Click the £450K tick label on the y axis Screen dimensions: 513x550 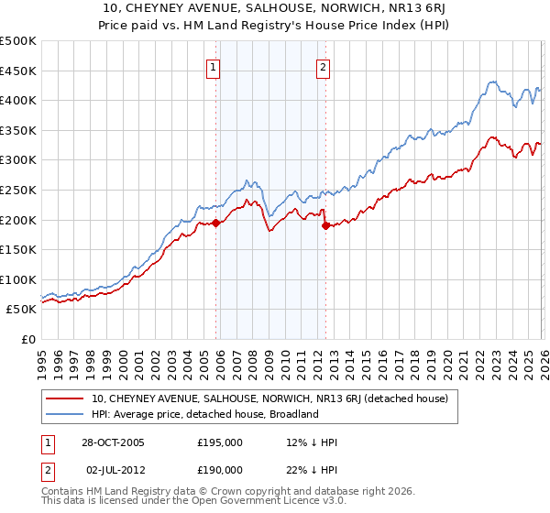(x=18, y=71)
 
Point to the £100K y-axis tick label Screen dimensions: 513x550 (x=18, y=279)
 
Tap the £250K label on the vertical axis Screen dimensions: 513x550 (x=18, y=190)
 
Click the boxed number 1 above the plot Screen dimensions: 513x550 (x=214, y=66)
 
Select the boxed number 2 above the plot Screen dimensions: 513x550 (x=324, y=66)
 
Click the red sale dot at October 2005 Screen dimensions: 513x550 (x=216, y=223)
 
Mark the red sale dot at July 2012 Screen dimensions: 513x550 (x=324, y=225)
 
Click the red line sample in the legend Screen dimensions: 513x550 (x=67, y=398)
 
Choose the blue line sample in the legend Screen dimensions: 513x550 (x=67, y=414)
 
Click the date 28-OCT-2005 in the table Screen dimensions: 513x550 (x=113, y=442)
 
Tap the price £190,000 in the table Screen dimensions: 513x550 (x=220, y=469)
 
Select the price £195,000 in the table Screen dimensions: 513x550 (x=220, y=442)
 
